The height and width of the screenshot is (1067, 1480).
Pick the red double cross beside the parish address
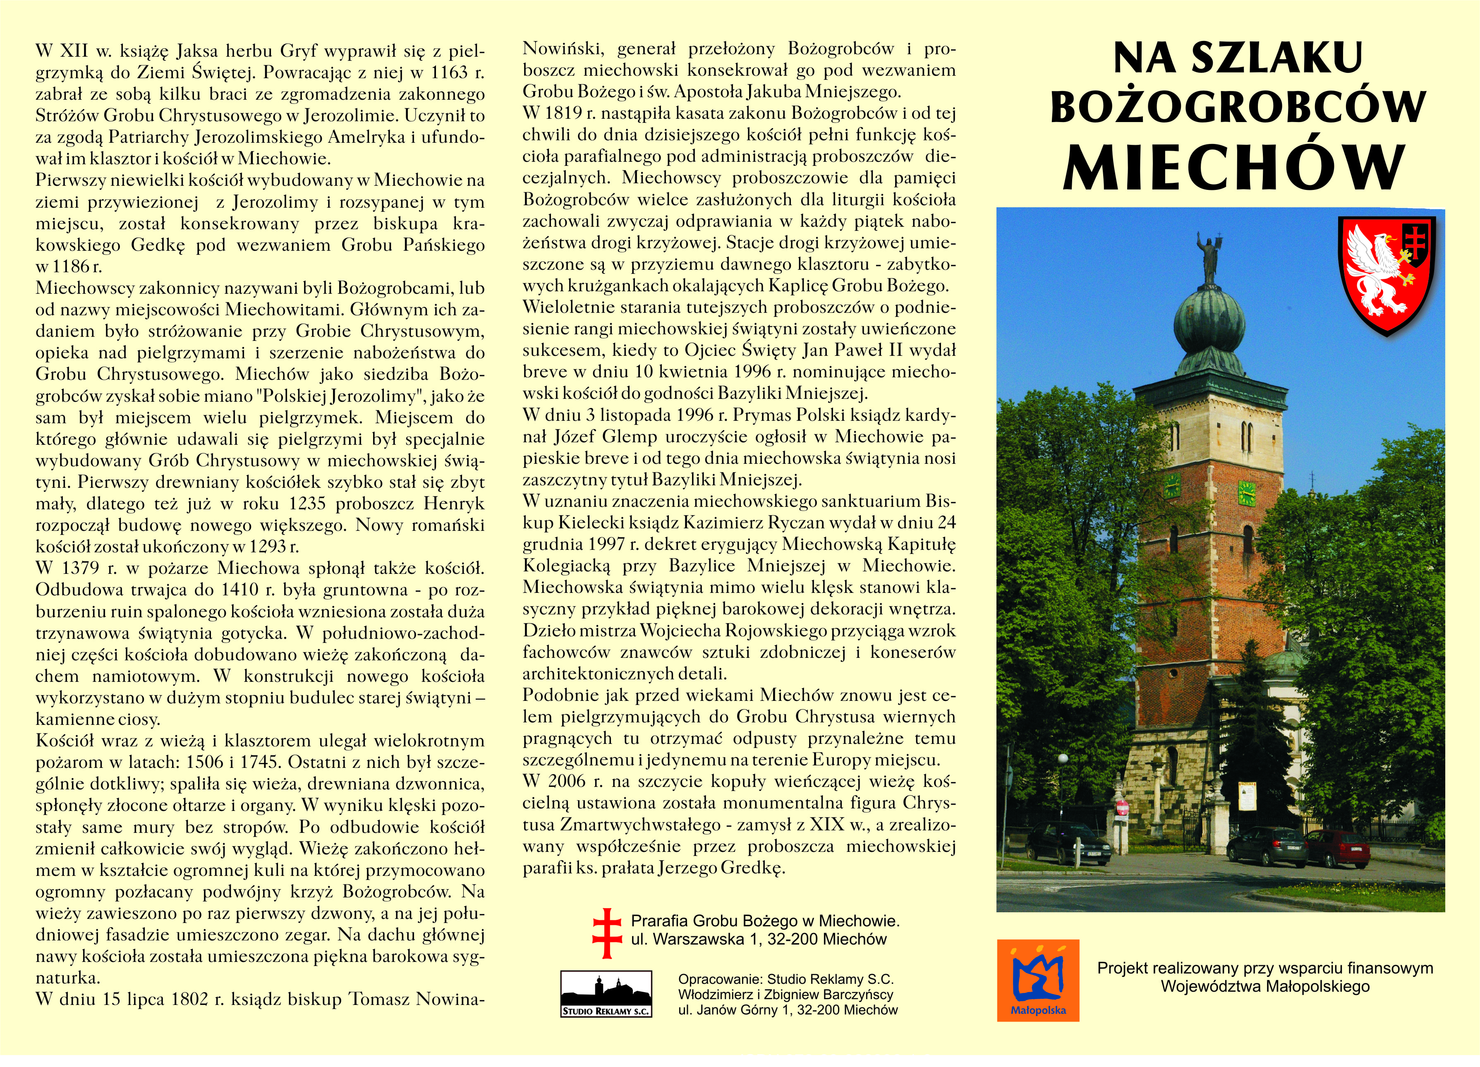point(607,933)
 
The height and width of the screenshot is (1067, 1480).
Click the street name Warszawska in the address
point(698,940)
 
